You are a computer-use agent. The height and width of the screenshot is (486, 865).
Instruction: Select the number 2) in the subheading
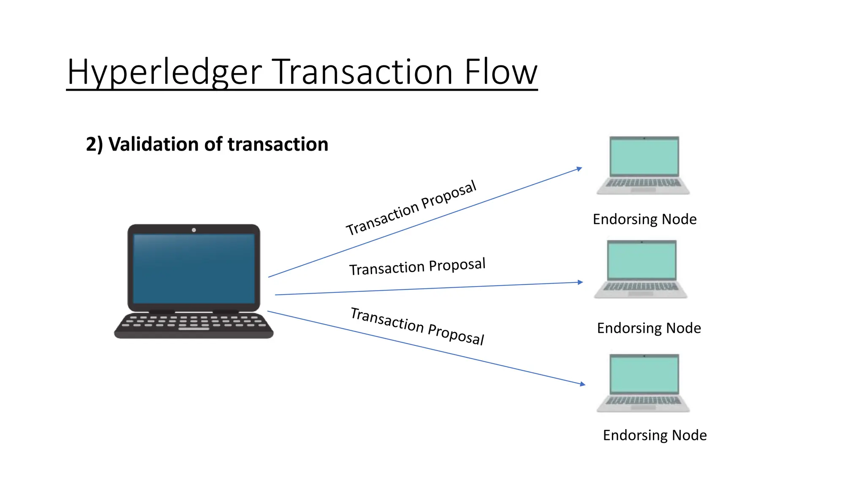[94, 145]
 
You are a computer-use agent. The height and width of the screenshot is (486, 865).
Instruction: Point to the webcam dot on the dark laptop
[194, 230]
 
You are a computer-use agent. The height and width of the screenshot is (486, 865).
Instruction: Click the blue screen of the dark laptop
[194, 268]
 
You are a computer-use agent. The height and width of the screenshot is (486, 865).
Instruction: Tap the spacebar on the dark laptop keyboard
[194, 328]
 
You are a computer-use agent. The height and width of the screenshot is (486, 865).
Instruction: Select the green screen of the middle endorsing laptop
[642, 261]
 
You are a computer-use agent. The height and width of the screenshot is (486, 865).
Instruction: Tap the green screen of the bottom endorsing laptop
[644, 374]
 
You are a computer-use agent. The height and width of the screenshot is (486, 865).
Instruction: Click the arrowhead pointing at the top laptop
[579, 169]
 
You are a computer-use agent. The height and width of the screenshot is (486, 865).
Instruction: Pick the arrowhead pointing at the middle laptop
[580, 282]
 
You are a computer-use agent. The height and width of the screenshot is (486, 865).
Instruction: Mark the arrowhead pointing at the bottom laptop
[582, 384]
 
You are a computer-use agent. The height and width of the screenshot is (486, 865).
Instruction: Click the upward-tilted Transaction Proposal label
[411, 208]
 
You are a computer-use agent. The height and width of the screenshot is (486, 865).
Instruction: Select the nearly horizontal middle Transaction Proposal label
[417, 267]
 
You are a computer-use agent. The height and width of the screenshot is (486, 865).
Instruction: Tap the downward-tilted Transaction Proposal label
[417, 326]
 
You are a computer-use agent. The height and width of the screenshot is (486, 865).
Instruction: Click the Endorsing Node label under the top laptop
[645, 219]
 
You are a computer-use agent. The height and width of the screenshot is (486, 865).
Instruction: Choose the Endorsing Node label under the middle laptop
[649, 328]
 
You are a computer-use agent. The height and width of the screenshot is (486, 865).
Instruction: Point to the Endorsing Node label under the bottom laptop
[655, 435]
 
